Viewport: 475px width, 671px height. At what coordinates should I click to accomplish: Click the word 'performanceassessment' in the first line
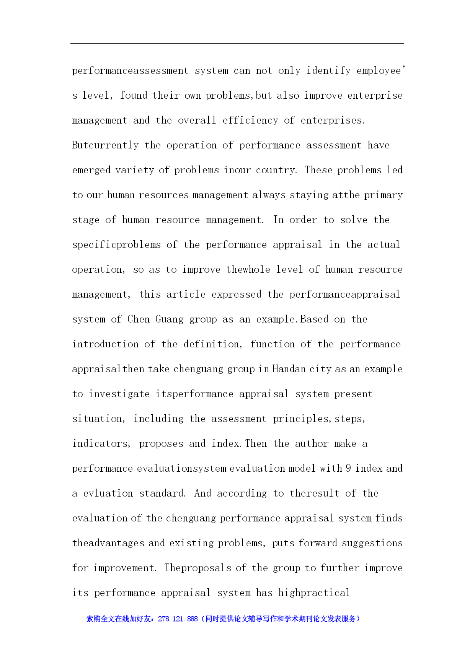pos(130,71)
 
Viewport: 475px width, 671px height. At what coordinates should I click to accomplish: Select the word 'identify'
pos(328,71)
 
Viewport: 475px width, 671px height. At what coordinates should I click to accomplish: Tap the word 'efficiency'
pos(250,121)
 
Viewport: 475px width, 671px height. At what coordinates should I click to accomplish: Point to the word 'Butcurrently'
pos(105,145)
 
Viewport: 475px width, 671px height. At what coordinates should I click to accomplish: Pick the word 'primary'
pos(383,195)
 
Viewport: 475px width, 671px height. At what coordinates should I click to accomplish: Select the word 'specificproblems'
pos(116,245)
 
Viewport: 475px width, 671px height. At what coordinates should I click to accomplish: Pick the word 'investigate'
pos(119,394)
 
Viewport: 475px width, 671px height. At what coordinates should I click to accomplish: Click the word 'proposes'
pos(161,444)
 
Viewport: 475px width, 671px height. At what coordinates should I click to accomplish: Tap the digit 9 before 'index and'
pos(348,468)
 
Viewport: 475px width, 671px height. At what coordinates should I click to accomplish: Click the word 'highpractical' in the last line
pos(314,593)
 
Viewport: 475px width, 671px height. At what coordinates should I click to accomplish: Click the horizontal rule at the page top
pos(237,43)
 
